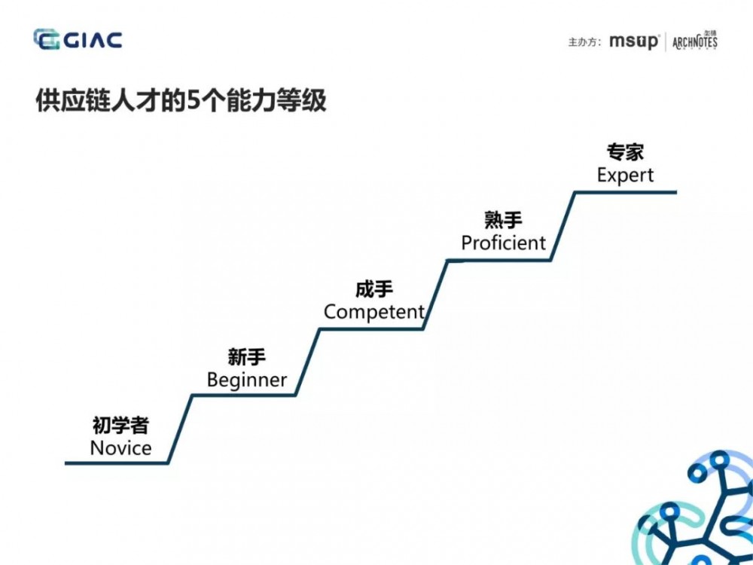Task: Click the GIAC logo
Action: pyautogui.click(x=78, y=40)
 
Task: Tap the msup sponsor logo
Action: pyautogui.click(x=634, y=42)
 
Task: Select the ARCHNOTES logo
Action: pyautogui.click(x=694, y=41)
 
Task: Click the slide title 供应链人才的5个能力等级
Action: pyautogui.click(x=181, y=101)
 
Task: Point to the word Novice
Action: pyautogui.click(x=120, y=448)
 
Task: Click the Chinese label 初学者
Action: pyautogui.click(x=120, y=426)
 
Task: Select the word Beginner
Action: pyautogui.click(x=247, y=380)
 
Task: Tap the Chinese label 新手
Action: pyautogui.click(x=247, y=357)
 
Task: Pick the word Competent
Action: pyautogui.click(x=374, y=312)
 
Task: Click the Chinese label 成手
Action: pyautogui.click(x=374, y=289)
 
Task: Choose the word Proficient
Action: pyautogui.click(x=503, y=243)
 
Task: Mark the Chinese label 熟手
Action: pyautogui.click(x=503, y=220)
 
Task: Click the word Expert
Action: pyautogui.click(x=625, y=175)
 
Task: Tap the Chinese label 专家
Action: pyautogui.click(x=625, y=152)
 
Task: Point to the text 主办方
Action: pyautogui.click(x=584, y=43)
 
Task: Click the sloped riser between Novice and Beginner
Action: pyautogui.click(x=180, y=429)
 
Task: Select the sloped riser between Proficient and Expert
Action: pyautogui.click(x=563, y=226)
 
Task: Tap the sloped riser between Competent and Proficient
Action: pyautogui.click(x=435, y=295)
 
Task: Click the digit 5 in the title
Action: pyautogui.click(x=194, y=101)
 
